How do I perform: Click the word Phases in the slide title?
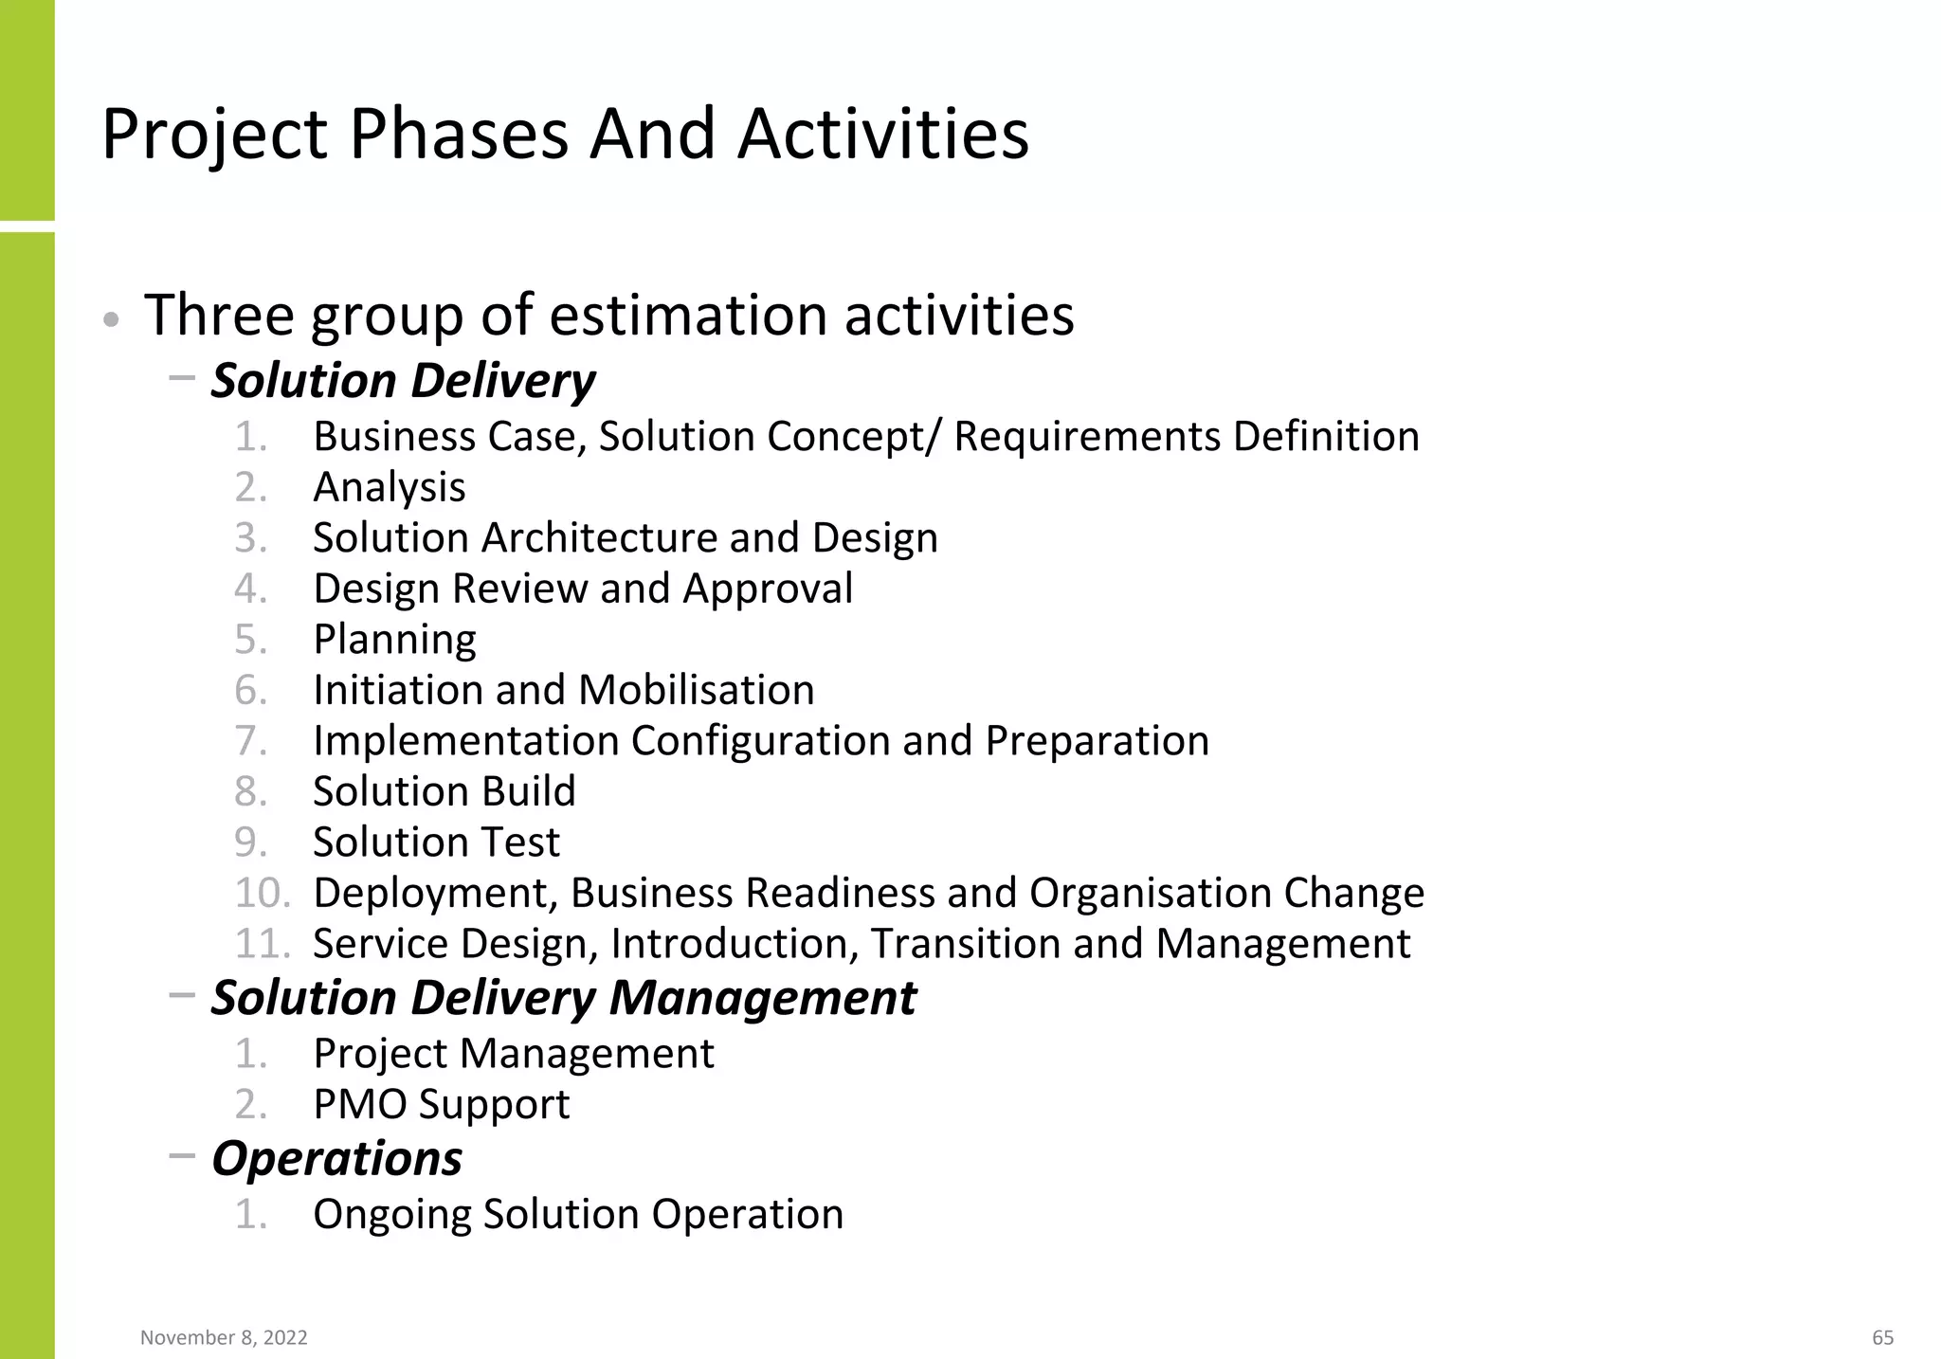459,135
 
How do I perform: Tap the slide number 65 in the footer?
1882,1337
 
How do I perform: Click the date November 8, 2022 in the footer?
224,1337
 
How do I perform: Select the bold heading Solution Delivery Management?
563,998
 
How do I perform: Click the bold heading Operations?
336,1158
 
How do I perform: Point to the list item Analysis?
390,487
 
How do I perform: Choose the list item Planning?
394,640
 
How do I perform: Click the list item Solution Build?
444,791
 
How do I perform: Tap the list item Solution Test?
436,843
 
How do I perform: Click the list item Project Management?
513,1054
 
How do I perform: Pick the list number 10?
261,893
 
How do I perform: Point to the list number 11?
261,944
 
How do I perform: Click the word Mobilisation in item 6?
696,690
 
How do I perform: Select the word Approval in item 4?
768,589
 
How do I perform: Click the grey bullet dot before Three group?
111,320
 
